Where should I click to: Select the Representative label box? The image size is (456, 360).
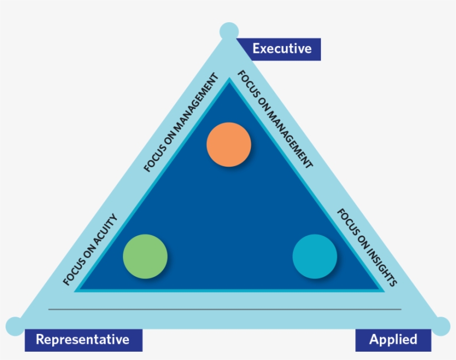83,339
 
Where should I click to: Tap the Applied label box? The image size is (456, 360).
393,339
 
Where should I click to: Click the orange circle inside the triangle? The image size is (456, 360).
229,144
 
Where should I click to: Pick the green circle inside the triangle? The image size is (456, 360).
145,256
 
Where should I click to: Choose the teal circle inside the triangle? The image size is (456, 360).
315,256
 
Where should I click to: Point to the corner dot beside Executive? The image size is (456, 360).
229,31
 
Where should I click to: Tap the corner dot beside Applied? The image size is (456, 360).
441,326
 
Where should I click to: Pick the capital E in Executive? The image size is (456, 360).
256,49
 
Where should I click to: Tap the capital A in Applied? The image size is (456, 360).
374,339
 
